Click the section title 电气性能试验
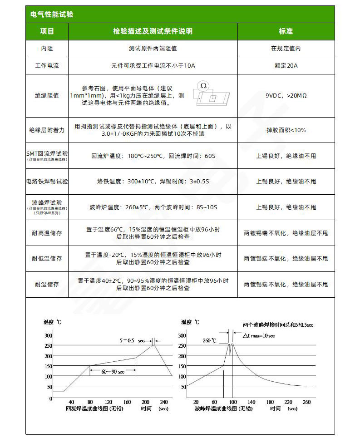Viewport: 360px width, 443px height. [52, 15]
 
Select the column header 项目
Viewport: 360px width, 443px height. [47, 31]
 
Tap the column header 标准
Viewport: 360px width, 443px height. [286, 31]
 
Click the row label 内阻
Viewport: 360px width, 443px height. [47, 48]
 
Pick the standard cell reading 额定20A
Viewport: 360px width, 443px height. [286, 65]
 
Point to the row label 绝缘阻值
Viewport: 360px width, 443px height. [47, 96]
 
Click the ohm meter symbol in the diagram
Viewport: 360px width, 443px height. [203, 85]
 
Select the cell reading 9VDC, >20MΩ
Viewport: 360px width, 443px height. [286, 96]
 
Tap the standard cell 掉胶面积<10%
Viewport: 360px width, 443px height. [286, 130]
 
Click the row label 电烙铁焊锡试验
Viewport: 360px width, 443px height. [47, 182]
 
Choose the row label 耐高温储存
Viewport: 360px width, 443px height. [47, 233]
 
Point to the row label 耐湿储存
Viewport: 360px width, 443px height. [47, 284]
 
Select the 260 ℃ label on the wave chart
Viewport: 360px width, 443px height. [210, 340]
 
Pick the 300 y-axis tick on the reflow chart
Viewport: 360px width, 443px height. [48, 335]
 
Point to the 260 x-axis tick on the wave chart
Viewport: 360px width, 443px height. [306, 402]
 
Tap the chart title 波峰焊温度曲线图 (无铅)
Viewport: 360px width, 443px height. [223, 409]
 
